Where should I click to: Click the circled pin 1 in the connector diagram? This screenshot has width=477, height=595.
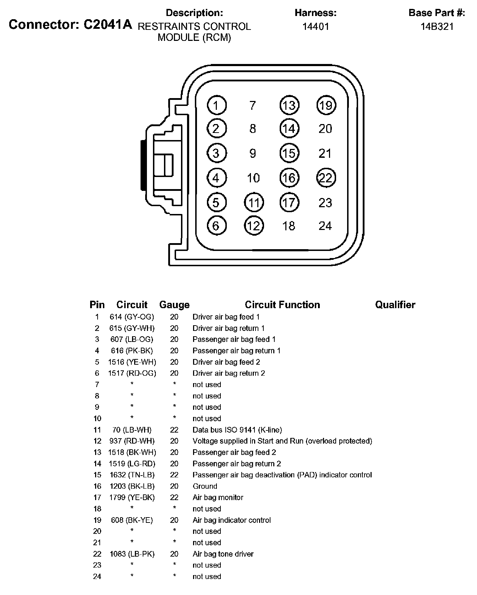pyautogui.click(x=216, y=105)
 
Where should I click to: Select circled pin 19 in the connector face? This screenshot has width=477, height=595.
pyautogui.click(x=326, y=105)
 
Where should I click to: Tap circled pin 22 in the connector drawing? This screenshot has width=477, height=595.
pyautogui.click(x=326, y=178)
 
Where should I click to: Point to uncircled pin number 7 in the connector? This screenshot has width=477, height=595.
pyautogui.click(x=253, y=106)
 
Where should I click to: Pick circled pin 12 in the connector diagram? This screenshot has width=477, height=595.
pyautogui.click(x=254, y=226)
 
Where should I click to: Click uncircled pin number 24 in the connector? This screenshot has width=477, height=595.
pyautogui.click(x=325, y=226)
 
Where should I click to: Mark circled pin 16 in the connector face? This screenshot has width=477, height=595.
pyautogui.click(x=289, y=178)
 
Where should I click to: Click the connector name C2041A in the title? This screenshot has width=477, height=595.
pyautogui.click(x=108, y=25)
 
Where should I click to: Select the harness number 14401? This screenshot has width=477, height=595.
pyautogui.click(x=316, y=27)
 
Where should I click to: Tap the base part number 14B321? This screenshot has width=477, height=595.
pyautogui.click(x=437, y=27)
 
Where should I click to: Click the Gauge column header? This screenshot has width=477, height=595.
pyautogui.click(x=174, y=305)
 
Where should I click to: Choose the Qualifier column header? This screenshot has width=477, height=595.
pyautogui.click(x=395, y=305)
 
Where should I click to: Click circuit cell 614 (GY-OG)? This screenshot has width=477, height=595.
pyautogui.click(x=132, y=317)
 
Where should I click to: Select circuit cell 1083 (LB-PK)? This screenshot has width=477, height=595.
pyautogui.click(x=132, y=554)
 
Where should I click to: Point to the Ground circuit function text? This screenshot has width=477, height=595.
pyautogui.click(x=205, y=486)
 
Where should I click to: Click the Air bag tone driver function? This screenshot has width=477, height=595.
pyautogui.click(x=223, y=554)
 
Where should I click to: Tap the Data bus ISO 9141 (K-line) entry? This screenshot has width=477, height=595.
pyautogui.click(x=237, y=430)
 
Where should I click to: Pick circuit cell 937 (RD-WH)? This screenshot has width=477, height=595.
pyautogui.click(x=132, y=441)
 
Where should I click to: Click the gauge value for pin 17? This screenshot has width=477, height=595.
pyautogui.click(x=174, y=498)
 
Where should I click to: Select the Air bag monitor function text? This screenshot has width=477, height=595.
pyautogui.click(x=218, y=498)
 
